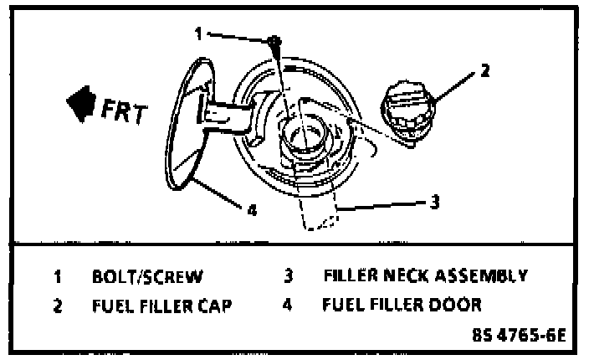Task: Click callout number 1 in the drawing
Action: (198, 34)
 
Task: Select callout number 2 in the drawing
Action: (483, 71)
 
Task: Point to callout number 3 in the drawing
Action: (435, 201)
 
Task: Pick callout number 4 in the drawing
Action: (251, 210)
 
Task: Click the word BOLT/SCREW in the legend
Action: (146, 275)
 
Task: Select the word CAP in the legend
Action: (212, 306)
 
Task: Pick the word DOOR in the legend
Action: (457, 305)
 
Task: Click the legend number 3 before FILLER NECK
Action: (286, 275)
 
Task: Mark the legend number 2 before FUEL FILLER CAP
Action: (58, 306)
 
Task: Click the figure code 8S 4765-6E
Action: (519, 336)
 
